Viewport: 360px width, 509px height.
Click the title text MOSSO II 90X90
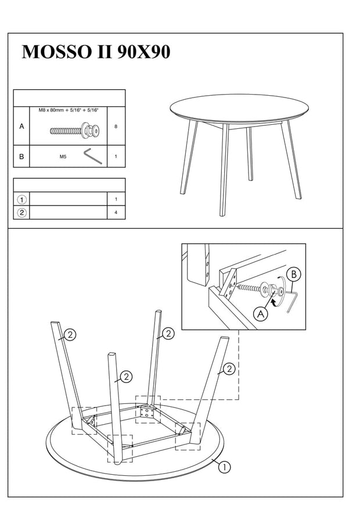(96, 52)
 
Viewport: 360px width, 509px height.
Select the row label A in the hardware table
(21, 126)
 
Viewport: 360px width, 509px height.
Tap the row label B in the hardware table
(21, 156)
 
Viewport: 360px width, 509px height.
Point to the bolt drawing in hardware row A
(73, 130)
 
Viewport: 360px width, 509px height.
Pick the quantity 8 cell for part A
(116, 126)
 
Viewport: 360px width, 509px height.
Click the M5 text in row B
(63, 156)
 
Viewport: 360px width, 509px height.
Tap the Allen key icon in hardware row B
(92, 156)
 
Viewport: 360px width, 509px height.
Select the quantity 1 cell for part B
(116, 156)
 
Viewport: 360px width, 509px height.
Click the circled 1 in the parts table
(21, 199)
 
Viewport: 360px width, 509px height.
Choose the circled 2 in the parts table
(21, 212)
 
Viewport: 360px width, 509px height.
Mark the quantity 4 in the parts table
(116, 212)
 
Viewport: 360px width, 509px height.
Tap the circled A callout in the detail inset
(261, 314)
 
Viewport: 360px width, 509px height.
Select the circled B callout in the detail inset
(294, 273)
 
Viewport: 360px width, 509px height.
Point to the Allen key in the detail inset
(292, 301)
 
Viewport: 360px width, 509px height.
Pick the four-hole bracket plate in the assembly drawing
(147, 413)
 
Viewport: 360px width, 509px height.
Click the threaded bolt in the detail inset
(250, 287)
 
